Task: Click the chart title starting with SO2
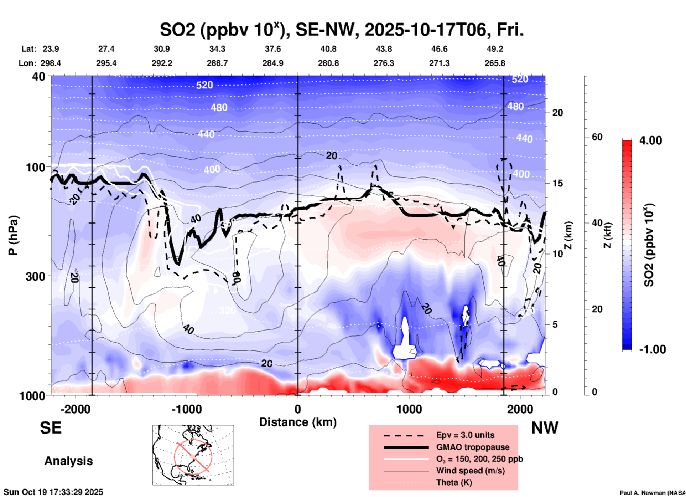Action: click(342, 30)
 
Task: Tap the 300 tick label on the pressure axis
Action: click(35, 276)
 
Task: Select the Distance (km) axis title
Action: click(298, 422)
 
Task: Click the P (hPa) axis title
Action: click(13, 235)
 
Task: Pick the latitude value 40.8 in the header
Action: click(328, 49)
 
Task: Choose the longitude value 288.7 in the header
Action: click(217, 63)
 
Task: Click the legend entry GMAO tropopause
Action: click(473, 447)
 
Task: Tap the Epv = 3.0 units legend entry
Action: click(465, 435)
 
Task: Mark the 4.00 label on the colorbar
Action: click(650, 140)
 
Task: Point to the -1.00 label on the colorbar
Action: click(652, 349)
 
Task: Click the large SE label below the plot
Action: click(51, 428)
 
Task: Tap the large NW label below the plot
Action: click(545, 428)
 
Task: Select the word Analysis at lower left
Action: click(68, 461)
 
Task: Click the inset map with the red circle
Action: click(193, 455)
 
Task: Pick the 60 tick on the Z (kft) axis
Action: click(597, 137)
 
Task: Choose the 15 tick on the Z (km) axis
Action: click(557, 183)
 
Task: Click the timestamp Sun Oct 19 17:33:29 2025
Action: click(53, 492)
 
